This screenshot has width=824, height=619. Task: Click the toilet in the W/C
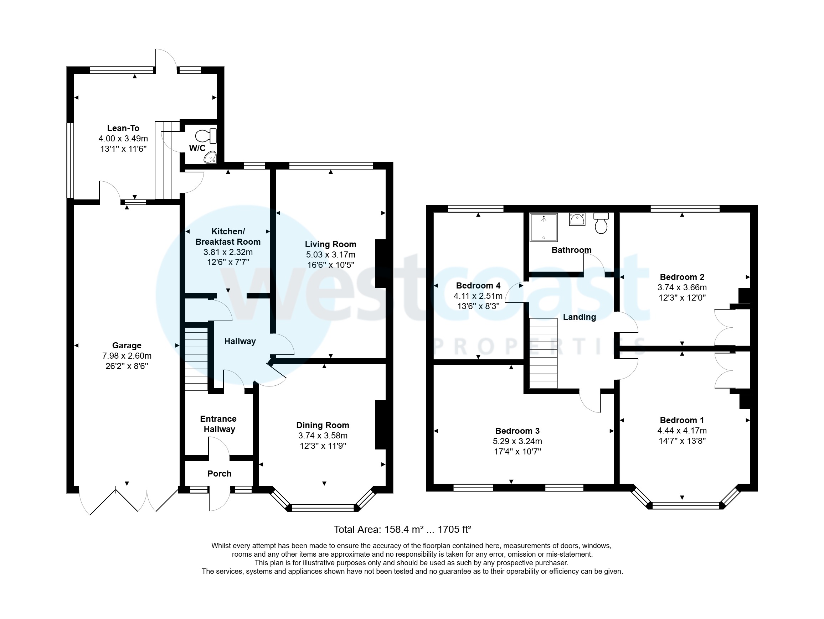point(206,136)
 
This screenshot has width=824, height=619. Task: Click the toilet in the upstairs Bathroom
point(601,223)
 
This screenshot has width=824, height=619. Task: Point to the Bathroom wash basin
point(577,219)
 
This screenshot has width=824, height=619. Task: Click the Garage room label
point(127,345)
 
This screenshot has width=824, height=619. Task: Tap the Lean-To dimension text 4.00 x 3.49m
point(123,139)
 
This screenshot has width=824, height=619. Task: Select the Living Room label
point(330,244)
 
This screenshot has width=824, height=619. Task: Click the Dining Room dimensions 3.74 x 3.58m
point(323,436)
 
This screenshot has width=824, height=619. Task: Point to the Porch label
point(219,473)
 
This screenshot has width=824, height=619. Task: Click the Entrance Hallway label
point(219,424)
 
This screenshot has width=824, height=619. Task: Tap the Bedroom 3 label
point(517,431)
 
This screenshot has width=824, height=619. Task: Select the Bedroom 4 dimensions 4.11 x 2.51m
point(478,296)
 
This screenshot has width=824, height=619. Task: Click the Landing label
point(579,317)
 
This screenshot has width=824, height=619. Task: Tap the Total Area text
point(402,529)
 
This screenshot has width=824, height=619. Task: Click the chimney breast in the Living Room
point(380,264)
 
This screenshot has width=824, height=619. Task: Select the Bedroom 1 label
point(682,420)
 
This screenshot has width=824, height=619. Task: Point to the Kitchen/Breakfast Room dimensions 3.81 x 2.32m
point(228,252)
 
